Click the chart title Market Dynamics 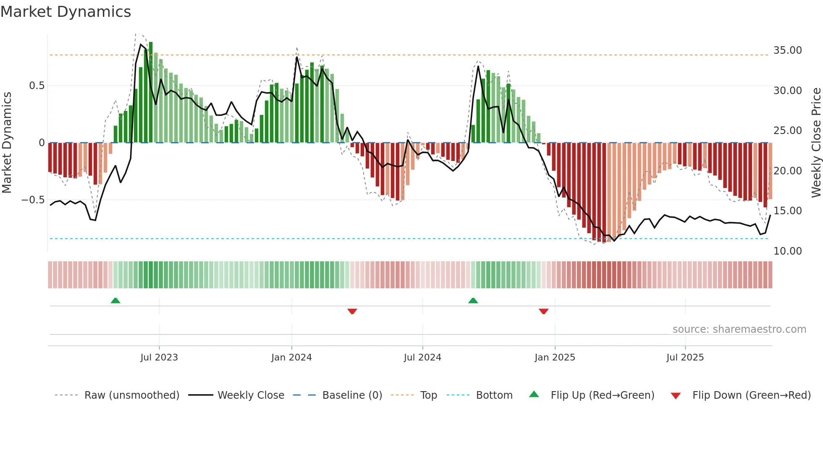pos(66,12)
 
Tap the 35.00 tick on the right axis pos(787,50)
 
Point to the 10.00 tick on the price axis pos(787,251)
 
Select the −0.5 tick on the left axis pos(33,200)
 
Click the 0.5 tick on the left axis pos(37,86)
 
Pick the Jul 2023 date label pos(159,358)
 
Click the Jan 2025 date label pos(555,358)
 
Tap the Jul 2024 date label pos(422,358)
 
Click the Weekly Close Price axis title pos(816,143)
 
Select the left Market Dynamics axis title pos(7,143)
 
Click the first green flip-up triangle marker pos(115,300)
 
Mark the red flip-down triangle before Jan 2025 pos(544,311)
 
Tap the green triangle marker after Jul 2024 pos(473,300)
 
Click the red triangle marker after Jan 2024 pos(352,311)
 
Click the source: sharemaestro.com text pos(739,329)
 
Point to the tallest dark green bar pos(151,92)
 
